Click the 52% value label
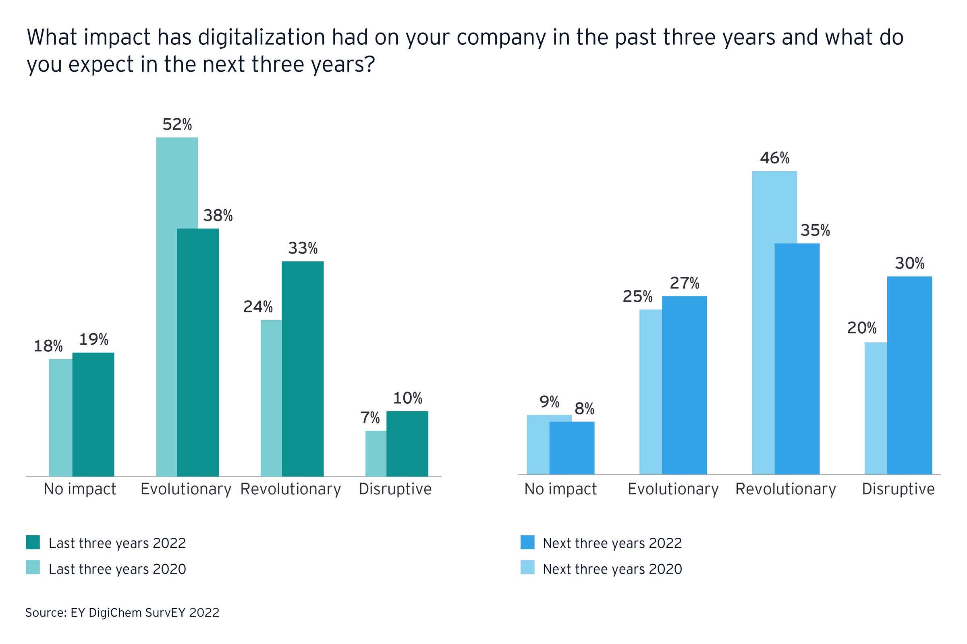click(177, 124)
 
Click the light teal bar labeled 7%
click(376, 454)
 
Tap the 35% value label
click(815, 230)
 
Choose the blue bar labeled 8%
click(572, 448)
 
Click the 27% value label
click(685, 283)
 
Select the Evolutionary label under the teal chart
click(186, 489)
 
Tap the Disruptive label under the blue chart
click(899, 489)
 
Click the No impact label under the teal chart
click(80, 489)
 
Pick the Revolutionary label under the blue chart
click(786, 489)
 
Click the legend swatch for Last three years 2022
click(33, 542)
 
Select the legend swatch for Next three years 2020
click(527, 567)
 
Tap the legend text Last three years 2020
click(117, 569)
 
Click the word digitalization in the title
click(262, 37)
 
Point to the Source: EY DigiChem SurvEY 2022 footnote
click(122, 612)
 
